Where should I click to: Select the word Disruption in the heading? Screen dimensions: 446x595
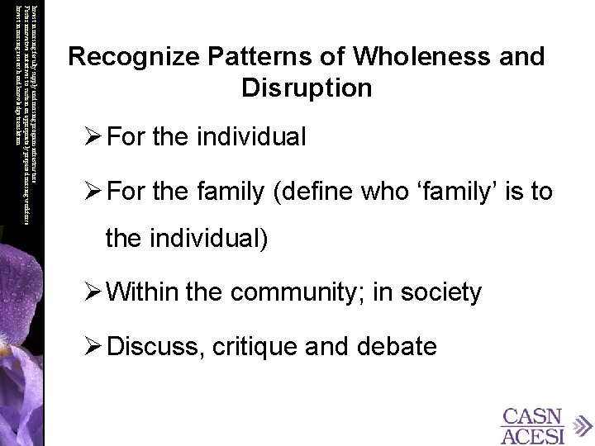tap(307, 87)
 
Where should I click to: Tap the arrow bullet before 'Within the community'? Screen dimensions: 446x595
tap(92, 292)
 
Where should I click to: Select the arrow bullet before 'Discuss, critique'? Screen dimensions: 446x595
tap(92, 347)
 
